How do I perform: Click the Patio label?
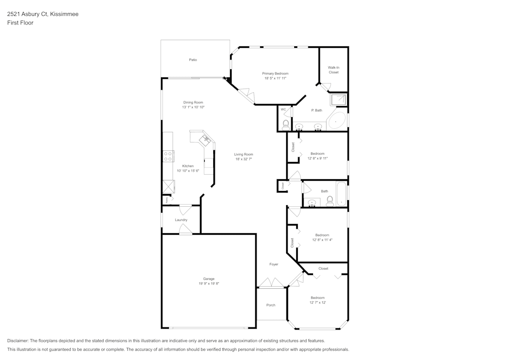point(193,60)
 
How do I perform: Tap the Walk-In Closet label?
point(333,70)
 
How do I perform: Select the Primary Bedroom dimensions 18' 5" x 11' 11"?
point(275,78)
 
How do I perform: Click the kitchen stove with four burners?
point(167,156)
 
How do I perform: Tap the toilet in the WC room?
point(286,125)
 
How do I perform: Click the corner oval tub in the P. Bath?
point(337,121)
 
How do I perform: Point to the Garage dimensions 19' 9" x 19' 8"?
point(209,284)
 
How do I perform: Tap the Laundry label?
point(181,220)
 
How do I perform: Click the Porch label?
point(271,305)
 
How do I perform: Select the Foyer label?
point(274,264)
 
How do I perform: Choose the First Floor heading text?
point(20,23)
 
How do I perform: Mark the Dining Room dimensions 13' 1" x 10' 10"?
point(193,107)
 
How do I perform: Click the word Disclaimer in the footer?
point(18,341)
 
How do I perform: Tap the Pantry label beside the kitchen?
point(165,200)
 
